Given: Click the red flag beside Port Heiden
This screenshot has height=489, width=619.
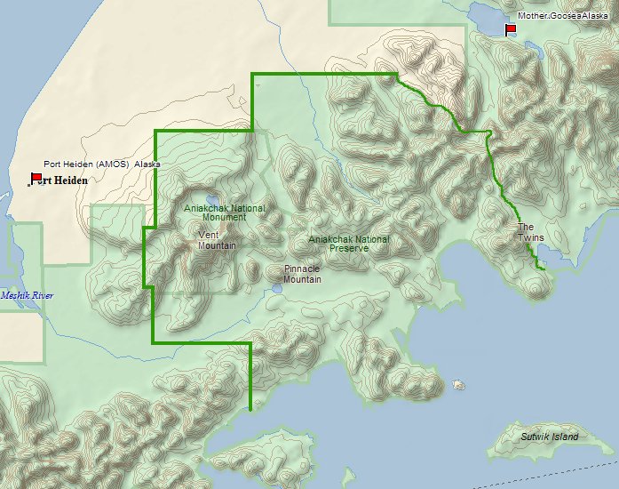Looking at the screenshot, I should click(x=36, y=178).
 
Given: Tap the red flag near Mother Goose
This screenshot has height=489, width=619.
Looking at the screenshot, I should click(x=511, y=29).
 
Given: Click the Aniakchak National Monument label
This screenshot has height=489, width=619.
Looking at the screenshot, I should click(x=224, y=212).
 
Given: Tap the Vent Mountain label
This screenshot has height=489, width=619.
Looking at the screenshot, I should click(x=217, y=240).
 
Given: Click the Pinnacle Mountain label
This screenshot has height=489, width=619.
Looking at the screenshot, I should click(x=302, y=274).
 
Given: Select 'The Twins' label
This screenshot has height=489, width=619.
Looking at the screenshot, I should click(x=531, y=232).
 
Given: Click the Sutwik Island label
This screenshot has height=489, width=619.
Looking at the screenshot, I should click(x=549, y=437).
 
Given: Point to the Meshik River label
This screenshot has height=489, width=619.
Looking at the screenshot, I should click(x=28, y=295).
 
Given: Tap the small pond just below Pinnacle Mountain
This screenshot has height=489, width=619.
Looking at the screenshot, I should click(x=278, y=289).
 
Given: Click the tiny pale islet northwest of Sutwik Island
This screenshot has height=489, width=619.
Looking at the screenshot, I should click(x=458, y=385).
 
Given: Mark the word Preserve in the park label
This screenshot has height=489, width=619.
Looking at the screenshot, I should click(x=349, y=248).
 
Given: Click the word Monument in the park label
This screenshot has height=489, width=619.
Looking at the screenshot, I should click(x=224, y=217).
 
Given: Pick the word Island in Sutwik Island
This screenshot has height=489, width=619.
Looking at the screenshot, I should click(x=563, y=437).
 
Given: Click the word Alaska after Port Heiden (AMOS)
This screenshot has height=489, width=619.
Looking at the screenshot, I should click(x=147, y=164).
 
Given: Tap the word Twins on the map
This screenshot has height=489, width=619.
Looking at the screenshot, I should click(x=531, y=237).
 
